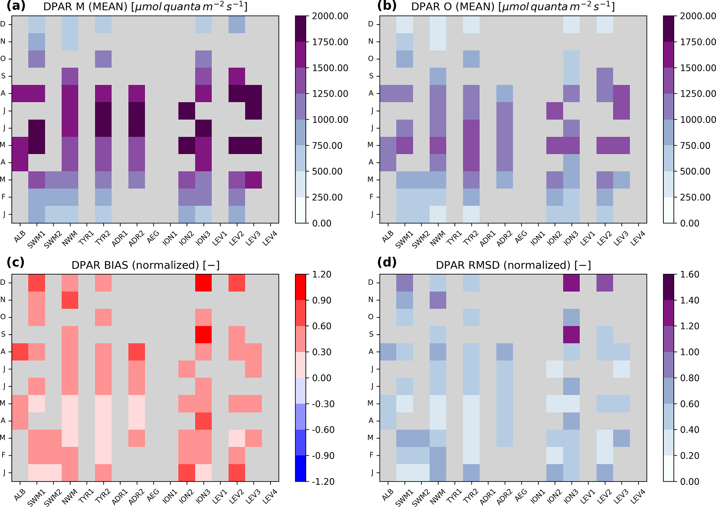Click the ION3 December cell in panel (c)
point(203,283)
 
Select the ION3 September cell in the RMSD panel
point(571,334)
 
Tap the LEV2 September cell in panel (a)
point(237,76)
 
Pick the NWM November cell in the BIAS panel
point(70,300)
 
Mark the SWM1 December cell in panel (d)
point(405,283)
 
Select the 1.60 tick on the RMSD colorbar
point(690,274)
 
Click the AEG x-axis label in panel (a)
point(153,235)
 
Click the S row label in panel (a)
point(3,76)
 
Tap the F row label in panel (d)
point(371,455)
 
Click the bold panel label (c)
point(15,262)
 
